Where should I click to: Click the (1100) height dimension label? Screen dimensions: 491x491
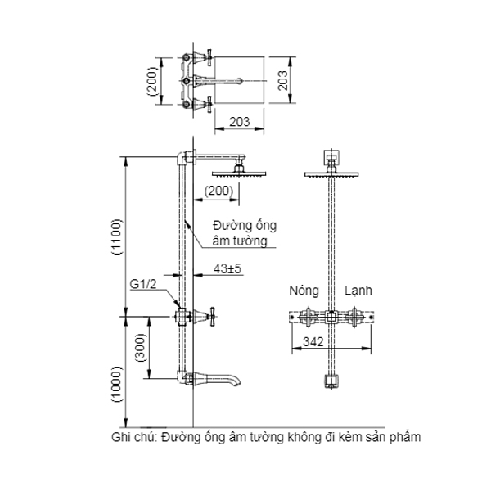115,237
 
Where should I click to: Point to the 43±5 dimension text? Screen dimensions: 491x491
227,268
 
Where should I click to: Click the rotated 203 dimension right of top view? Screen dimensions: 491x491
281,81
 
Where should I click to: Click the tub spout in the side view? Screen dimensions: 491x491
221,379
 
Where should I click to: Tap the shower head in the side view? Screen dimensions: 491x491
236,172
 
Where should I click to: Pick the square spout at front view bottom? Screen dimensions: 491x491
331,381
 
